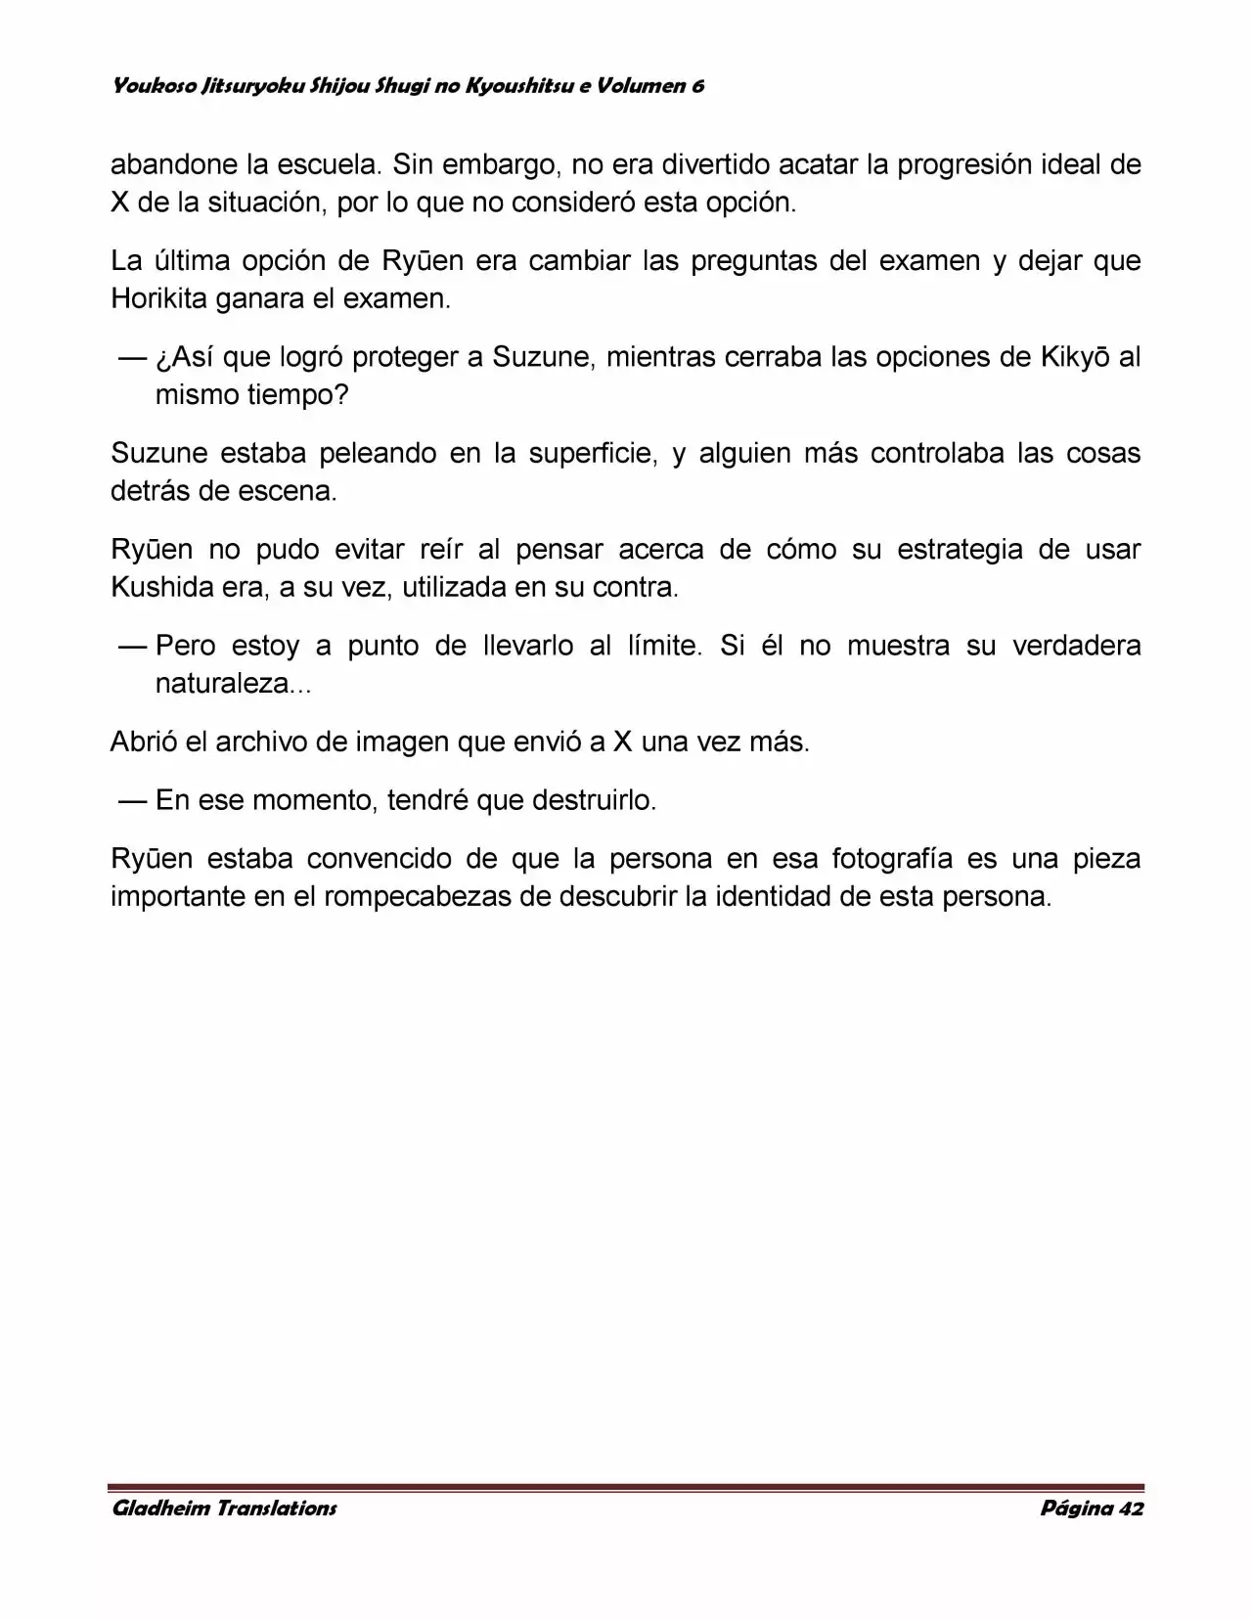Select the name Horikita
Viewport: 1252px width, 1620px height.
(x=158, y=298)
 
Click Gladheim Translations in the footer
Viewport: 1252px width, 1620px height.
(x=224, y=1507)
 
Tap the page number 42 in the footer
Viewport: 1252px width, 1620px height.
(x=1130, y=1507)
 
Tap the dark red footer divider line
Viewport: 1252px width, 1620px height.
(x=626, y=1487)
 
